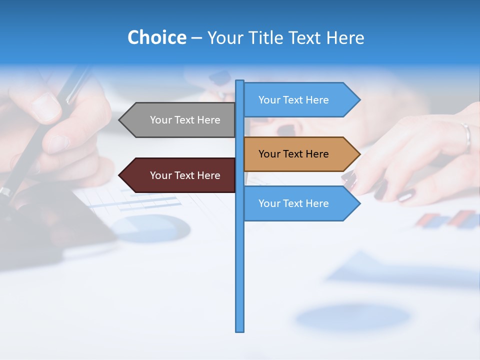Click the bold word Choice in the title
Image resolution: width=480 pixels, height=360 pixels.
coord(156,37)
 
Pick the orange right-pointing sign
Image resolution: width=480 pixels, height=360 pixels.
coord(297,154)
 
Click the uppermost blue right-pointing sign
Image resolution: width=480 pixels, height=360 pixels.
coord(297,100)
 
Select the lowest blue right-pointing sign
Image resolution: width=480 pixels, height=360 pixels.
coord(297,203)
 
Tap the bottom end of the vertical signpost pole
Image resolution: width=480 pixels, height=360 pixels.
coord(240,329)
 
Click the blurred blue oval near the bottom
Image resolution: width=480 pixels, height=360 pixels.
coord(352,317)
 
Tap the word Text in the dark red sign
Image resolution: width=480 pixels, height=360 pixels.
coord(185,175)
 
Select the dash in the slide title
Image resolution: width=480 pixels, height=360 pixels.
coord(197,38)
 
